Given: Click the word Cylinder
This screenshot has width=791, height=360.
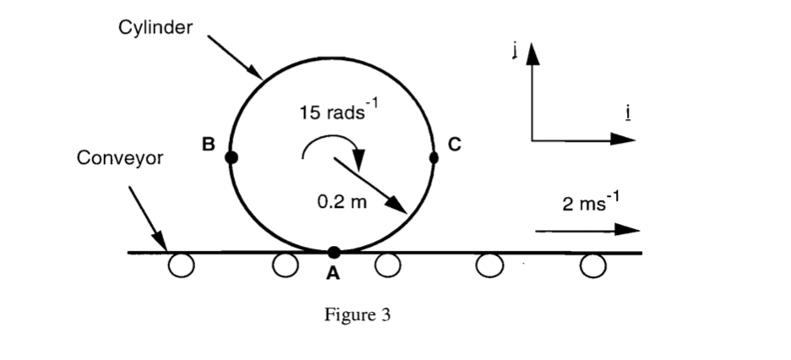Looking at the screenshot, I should [x=155, y=28].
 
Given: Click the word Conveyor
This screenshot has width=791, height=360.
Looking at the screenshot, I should [x=119, y=158].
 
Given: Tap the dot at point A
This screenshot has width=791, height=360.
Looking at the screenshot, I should [x=334, y=252].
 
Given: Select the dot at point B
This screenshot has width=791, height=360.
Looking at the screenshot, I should [x=232, y=157].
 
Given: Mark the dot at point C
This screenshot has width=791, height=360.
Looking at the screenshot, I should [x=434, y=157].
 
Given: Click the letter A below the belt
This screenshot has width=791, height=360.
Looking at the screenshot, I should [x=333, y=273].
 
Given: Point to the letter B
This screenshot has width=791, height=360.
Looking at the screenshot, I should [x=208, y=144].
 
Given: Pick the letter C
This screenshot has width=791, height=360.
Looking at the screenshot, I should [x=455, y=145].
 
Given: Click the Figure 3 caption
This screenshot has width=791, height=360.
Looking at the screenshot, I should [x=357, y=315].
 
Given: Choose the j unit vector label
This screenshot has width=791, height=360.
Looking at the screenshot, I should [x=513, y=52].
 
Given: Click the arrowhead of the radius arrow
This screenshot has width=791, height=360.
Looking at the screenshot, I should [x=400, y=207].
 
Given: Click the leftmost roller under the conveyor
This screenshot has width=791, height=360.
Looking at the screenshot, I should [x=180, y=266].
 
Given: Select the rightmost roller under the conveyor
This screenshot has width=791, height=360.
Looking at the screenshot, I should [x=594, y=266].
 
